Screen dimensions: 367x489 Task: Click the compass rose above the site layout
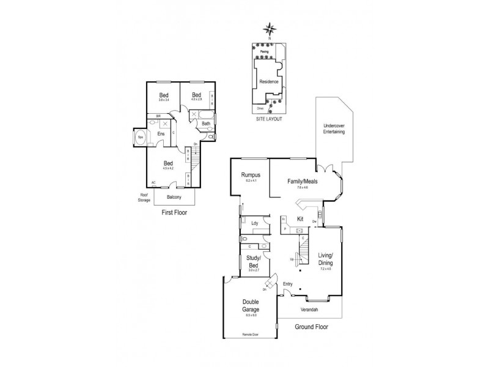[269, 29]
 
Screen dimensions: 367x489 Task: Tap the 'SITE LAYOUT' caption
[269, 119]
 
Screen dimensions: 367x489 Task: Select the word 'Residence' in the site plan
[269, 81]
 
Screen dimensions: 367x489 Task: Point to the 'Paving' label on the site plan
[264, 52]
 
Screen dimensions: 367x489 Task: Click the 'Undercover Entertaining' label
[334, 129]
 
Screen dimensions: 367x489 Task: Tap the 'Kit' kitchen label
[300, 218]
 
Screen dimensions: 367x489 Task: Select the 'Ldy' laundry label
[254, 223]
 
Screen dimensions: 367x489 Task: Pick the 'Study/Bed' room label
[253, 261]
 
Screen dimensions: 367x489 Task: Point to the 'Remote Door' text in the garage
[251, 336]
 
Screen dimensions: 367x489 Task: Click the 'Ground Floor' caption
[311, 327]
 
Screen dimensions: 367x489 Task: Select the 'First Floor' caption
[174, 213]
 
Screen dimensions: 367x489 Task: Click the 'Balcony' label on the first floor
[174, 198]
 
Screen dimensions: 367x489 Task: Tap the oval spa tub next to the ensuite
[139, 136]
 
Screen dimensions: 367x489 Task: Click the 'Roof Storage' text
[144, 198]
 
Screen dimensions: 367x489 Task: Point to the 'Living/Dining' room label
[325, 259]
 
